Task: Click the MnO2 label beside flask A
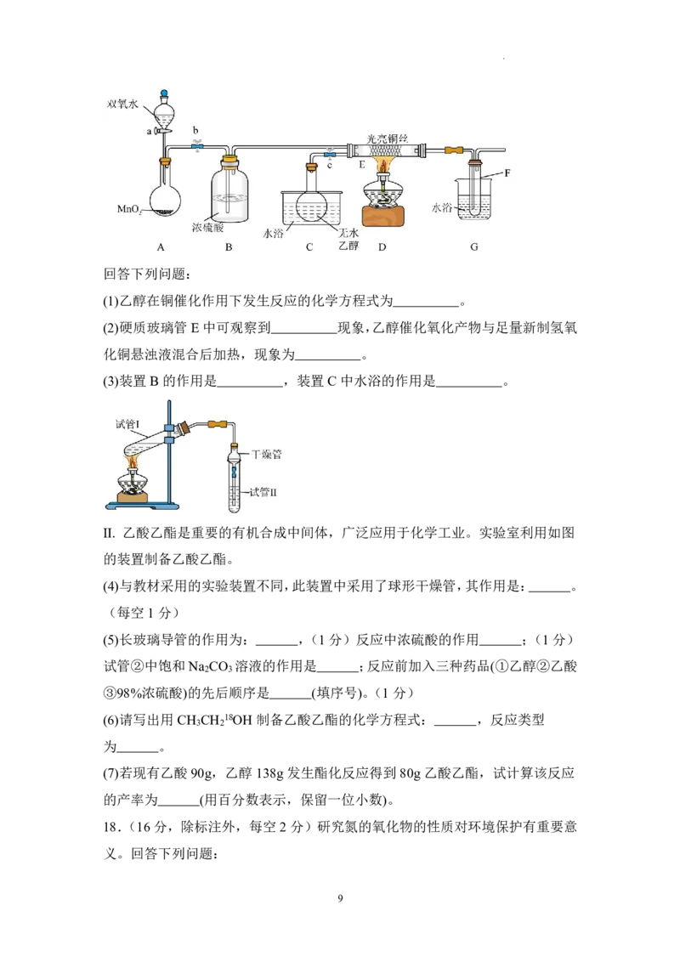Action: click(129, 209)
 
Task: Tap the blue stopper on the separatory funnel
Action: click(164, 93)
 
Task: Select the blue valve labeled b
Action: click(196, 146)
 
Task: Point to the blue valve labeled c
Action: click(330, 151)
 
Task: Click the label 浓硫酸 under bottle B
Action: click(207, 228)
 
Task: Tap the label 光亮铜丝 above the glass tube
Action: click(388, 139)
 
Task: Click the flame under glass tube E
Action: click(383, 165)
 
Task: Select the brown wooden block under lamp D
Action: click(384, 218)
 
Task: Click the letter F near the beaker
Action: click(507, 173)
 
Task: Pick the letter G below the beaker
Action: click(473, 247)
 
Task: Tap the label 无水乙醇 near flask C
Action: click(348, 240)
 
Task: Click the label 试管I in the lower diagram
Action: click(127, 424)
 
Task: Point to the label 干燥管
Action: click(267, 455)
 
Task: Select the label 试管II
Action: click(263, 492)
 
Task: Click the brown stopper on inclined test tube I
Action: click(184, 427)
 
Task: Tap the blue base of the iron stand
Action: click(143, 506)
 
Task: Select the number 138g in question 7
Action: click(269, 773)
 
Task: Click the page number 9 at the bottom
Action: click(340, 899)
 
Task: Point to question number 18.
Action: click(111, 827)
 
